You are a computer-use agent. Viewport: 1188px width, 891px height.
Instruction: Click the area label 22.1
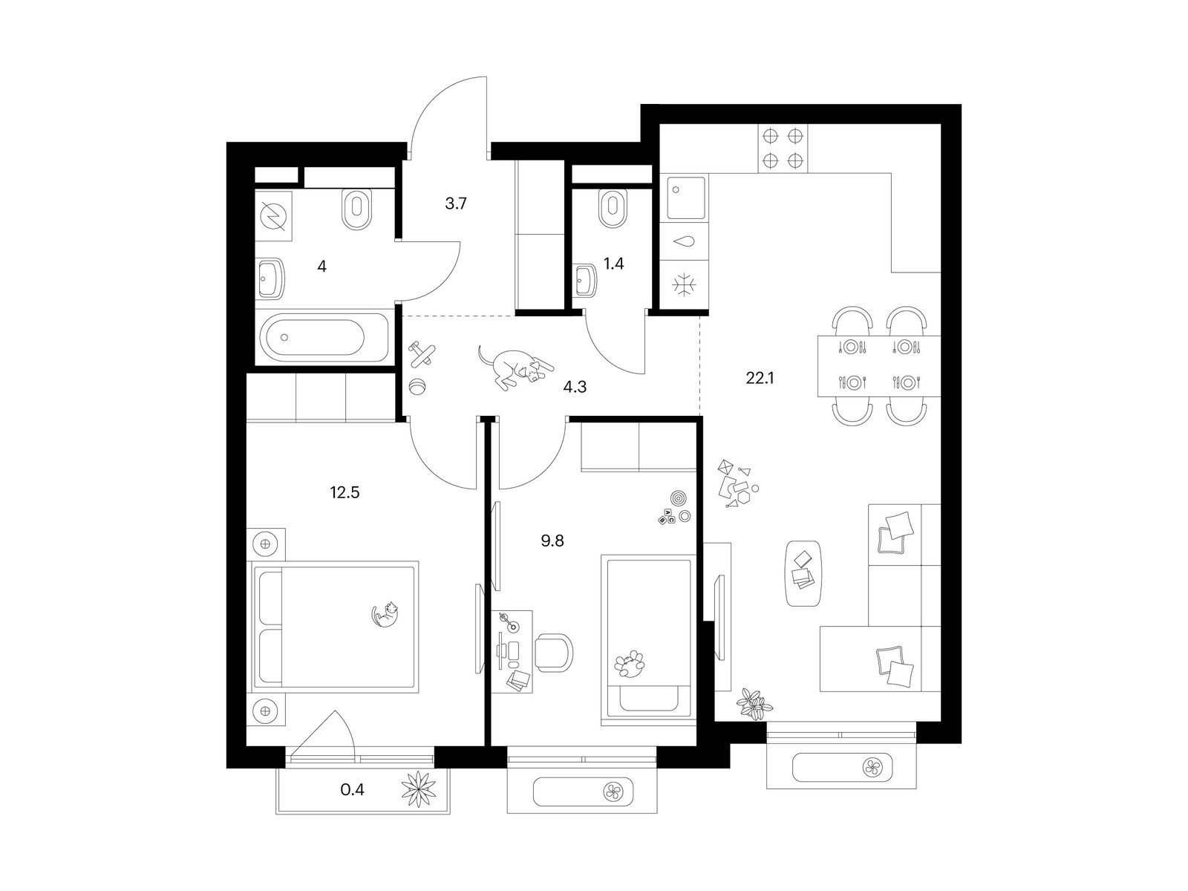[x=760, y=378]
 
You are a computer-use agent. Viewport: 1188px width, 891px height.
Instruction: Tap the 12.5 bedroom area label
[x=345, y=492]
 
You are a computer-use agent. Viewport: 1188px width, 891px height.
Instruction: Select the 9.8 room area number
[x=552, y=541]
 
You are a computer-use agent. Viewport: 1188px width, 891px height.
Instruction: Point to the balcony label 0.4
[x=352, y=790]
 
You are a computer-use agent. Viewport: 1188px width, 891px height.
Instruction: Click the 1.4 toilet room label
[x=614, y=264]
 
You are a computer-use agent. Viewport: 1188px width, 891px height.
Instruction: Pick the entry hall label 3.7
[x=456, y=203]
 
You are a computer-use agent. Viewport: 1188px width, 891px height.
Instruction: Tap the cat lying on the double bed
[x=385, y=615]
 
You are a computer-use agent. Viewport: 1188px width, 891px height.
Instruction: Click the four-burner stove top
[x=783, y=148]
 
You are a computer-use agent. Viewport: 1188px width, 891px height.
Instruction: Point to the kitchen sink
[x=686, y=198]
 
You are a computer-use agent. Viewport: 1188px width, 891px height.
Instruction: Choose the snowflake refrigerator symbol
[x=684, y=285]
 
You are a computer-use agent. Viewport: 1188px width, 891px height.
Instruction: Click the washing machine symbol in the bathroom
[x=273, y=216]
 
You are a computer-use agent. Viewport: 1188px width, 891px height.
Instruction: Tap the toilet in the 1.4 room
[x=613, y=209]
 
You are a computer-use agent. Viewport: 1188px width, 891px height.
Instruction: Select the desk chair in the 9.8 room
[x=554, y=653]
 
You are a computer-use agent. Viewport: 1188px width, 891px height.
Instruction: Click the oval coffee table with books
[x=803, y=573]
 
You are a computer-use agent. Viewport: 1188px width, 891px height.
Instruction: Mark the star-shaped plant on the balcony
[x=419, y=789]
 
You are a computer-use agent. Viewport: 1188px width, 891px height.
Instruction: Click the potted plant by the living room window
[x=754, y=705]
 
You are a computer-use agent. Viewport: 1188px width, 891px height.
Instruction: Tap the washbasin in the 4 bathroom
[x=271, y=278]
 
